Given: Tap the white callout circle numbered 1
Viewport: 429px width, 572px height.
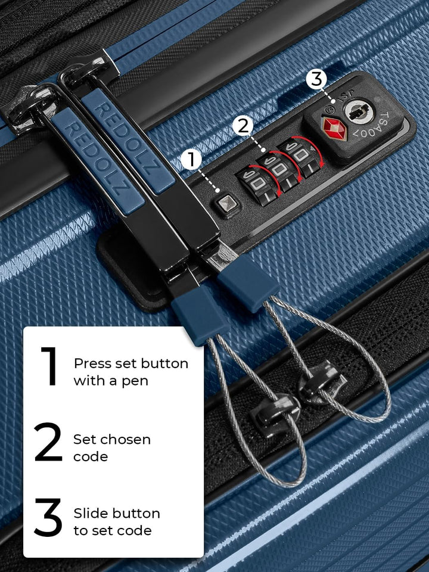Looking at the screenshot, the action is pos(191,160).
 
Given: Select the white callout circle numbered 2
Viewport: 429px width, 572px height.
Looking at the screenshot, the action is pos(243,126).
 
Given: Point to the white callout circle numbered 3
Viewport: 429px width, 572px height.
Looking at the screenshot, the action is pos(316,79).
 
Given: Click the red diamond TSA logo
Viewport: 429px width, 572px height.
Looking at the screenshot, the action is pos(334,128).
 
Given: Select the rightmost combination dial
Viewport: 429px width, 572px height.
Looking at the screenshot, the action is pos(300,156).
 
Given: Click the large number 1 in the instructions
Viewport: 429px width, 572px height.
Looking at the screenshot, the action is pos(50,366).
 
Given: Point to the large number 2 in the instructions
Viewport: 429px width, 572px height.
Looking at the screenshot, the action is pos(48,443).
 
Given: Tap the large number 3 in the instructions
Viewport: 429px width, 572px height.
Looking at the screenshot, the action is pos(48,517).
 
